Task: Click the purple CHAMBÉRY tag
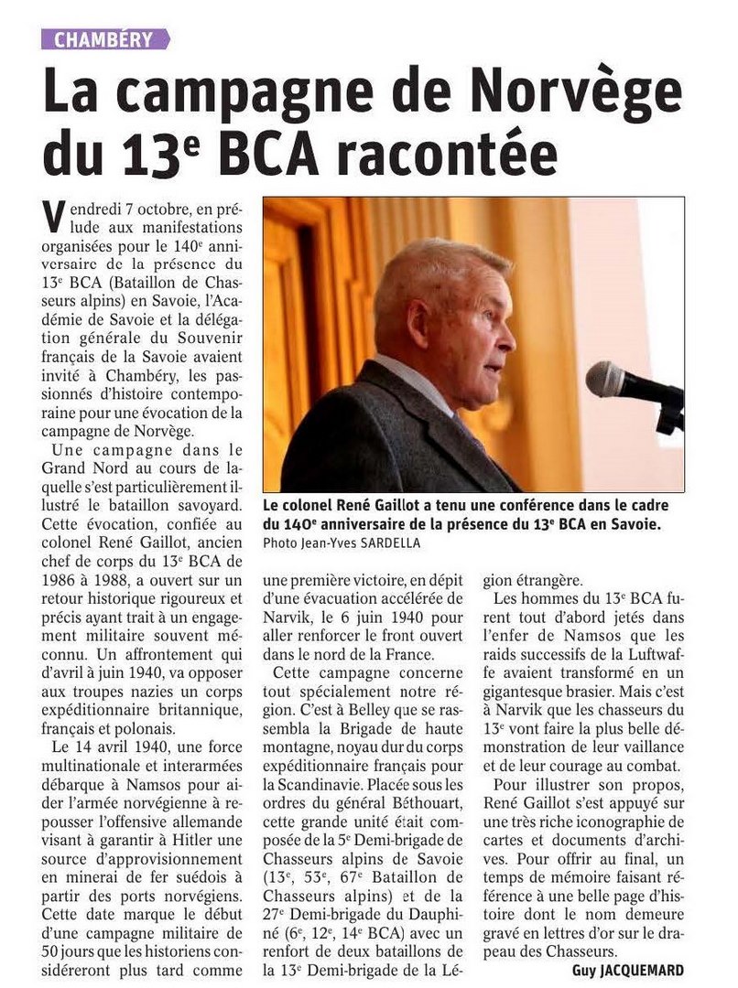click(105, 38)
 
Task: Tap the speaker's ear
click(418, 321)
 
